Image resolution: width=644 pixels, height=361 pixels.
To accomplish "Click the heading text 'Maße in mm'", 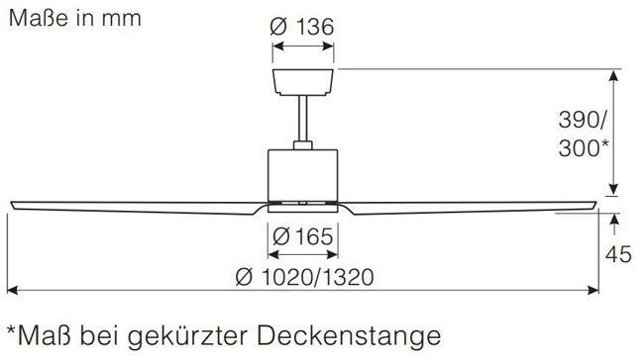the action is (x=74, y=19).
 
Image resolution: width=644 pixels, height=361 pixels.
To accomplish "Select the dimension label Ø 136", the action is (x=302, y=27).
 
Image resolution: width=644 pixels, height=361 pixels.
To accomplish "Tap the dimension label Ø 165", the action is (x=303, y=236).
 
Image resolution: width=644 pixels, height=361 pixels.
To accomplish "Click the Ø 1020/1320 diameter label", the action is (x=304, y=277).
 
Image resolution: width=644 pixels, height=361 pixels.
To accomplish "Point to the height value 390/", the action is (x=582, y=121).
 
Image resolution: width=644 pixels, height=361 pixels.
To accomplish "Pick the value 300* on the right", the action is (x=584, y=147).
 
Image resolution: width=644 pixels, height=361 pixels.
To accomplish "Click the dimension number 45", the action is (x=618, y=254).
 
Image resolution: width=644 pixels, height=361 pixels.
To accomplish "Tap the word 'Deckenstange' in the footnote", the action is (x=349, y=336).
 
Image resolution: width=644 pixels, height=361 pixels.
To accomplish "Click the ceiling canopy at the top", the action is (x=303, y=82).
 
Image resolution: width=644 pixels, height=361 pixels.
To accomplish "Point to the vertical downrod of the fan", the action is (x=303, y=119).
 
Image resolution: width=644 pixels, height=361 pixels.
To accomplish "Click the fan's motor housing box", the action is (x=303, y=176).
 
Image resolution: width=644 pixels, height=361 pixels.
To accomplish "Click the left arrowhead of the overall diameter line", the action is (x=12, y=291).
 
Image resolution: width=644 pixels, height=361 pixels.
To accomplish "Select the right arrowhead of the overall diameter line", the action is (x=593, y=291).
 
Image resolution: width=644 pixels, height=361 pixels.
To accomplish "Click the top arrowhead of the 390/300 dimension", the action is (x=613, y=75).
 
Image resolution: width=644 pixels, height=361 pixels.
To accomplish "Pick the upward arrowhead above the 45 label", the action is (x=614, y=220).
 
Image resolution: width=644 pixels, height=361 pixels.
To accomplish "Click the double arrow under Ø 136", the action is (x=303, y=45).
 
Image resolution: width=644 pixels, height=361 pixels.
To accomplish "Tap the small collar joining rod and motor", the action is (x=303, y=145).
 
